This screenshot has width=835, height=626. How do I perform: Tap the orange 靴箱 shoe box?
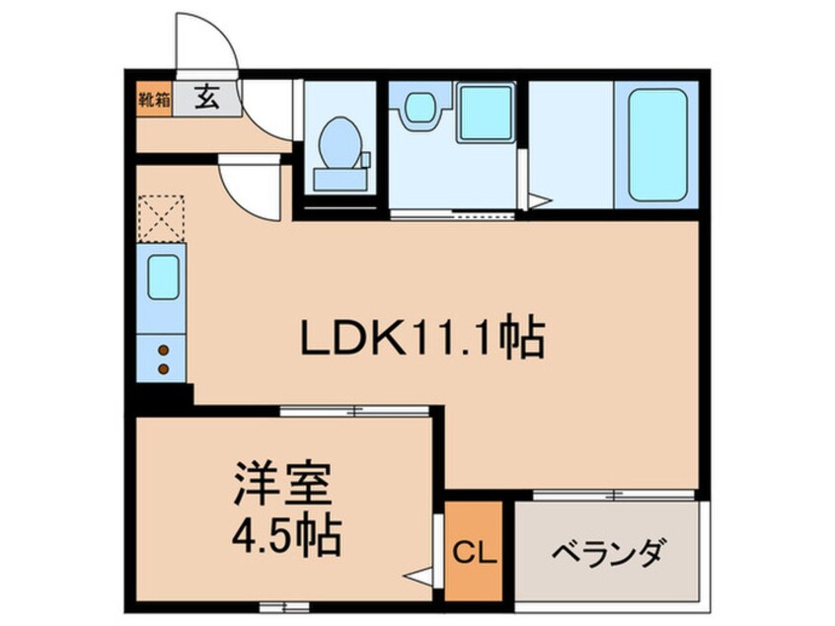point(153,99)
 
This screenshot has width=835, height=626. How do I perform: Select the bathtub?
point(657,148)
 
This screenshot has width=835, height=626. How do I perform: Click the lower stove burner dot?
point(164,370)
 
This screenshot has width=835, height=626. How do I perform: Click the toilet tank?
point(342,179)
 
